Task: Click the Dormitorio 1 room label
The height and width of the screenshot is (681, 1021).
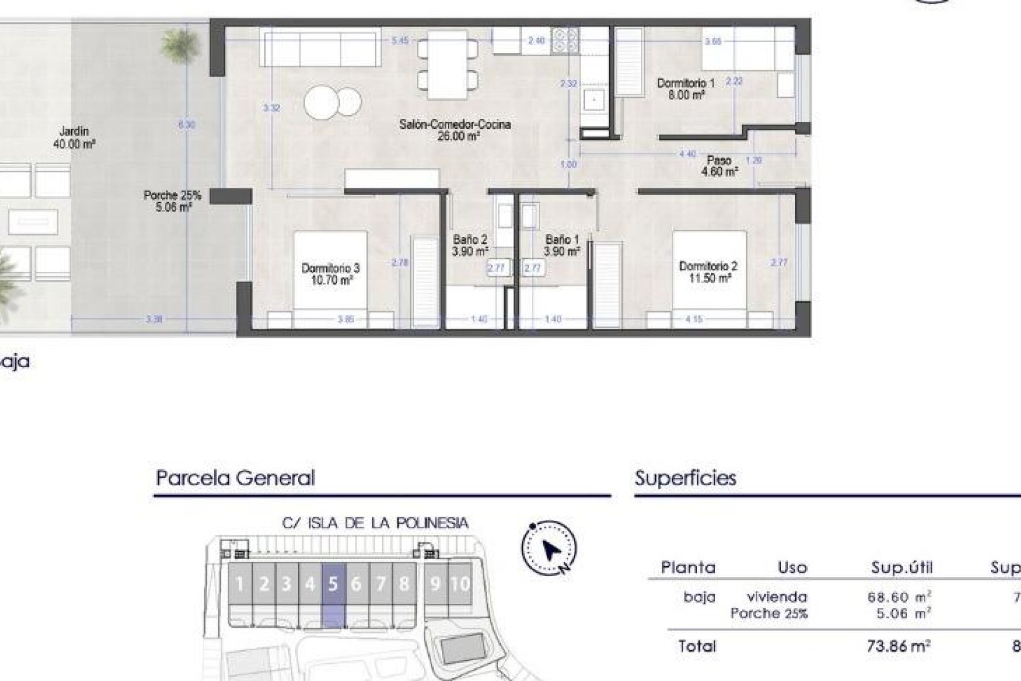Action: [685, 89]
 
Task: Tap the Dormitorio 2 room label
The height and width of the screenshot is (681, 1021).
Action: [708, 272]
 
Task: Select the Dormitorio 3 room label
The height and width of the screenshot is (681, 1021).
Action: [330, 274]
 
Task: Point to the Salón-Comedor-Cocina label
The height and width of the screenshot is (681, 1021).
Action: [455, 130]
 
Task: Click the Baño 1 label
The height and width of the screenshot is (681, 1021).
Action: [562, 245]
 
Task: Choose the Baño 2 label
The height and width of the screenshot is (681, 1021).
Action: [470, 245]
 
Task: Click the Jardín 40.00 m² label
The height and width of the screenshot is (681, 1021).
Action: [74, 137]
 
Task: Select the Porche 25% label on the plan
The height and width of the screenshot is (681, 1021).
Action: [172, 201]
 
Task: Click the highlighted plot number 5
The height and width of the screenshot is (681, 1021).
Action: [333, 584]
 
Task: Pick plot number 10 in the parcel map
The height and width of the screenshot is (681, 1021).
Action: [460, 584]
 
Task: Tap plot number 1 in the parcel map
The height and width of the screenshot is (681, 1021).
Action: [239, 584]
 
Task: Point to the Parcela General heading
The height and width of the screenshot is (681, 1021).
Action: [235, 478]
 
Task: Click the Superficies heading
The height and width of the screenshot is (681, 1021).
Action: [685, 478]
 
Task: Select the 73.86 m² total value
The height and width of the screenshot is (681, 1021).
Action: [898, 646]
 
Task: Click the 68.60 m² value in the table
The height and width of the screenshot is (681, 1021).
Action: [899, 597]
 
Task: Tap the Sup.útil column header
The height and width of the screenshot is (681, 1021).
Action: [902, 568]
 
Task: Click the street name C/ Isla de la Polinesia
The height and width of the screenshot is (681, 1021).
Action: [375, 523]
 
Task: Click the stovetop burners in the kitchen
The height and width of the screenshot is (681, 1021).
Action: [565, 40]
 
